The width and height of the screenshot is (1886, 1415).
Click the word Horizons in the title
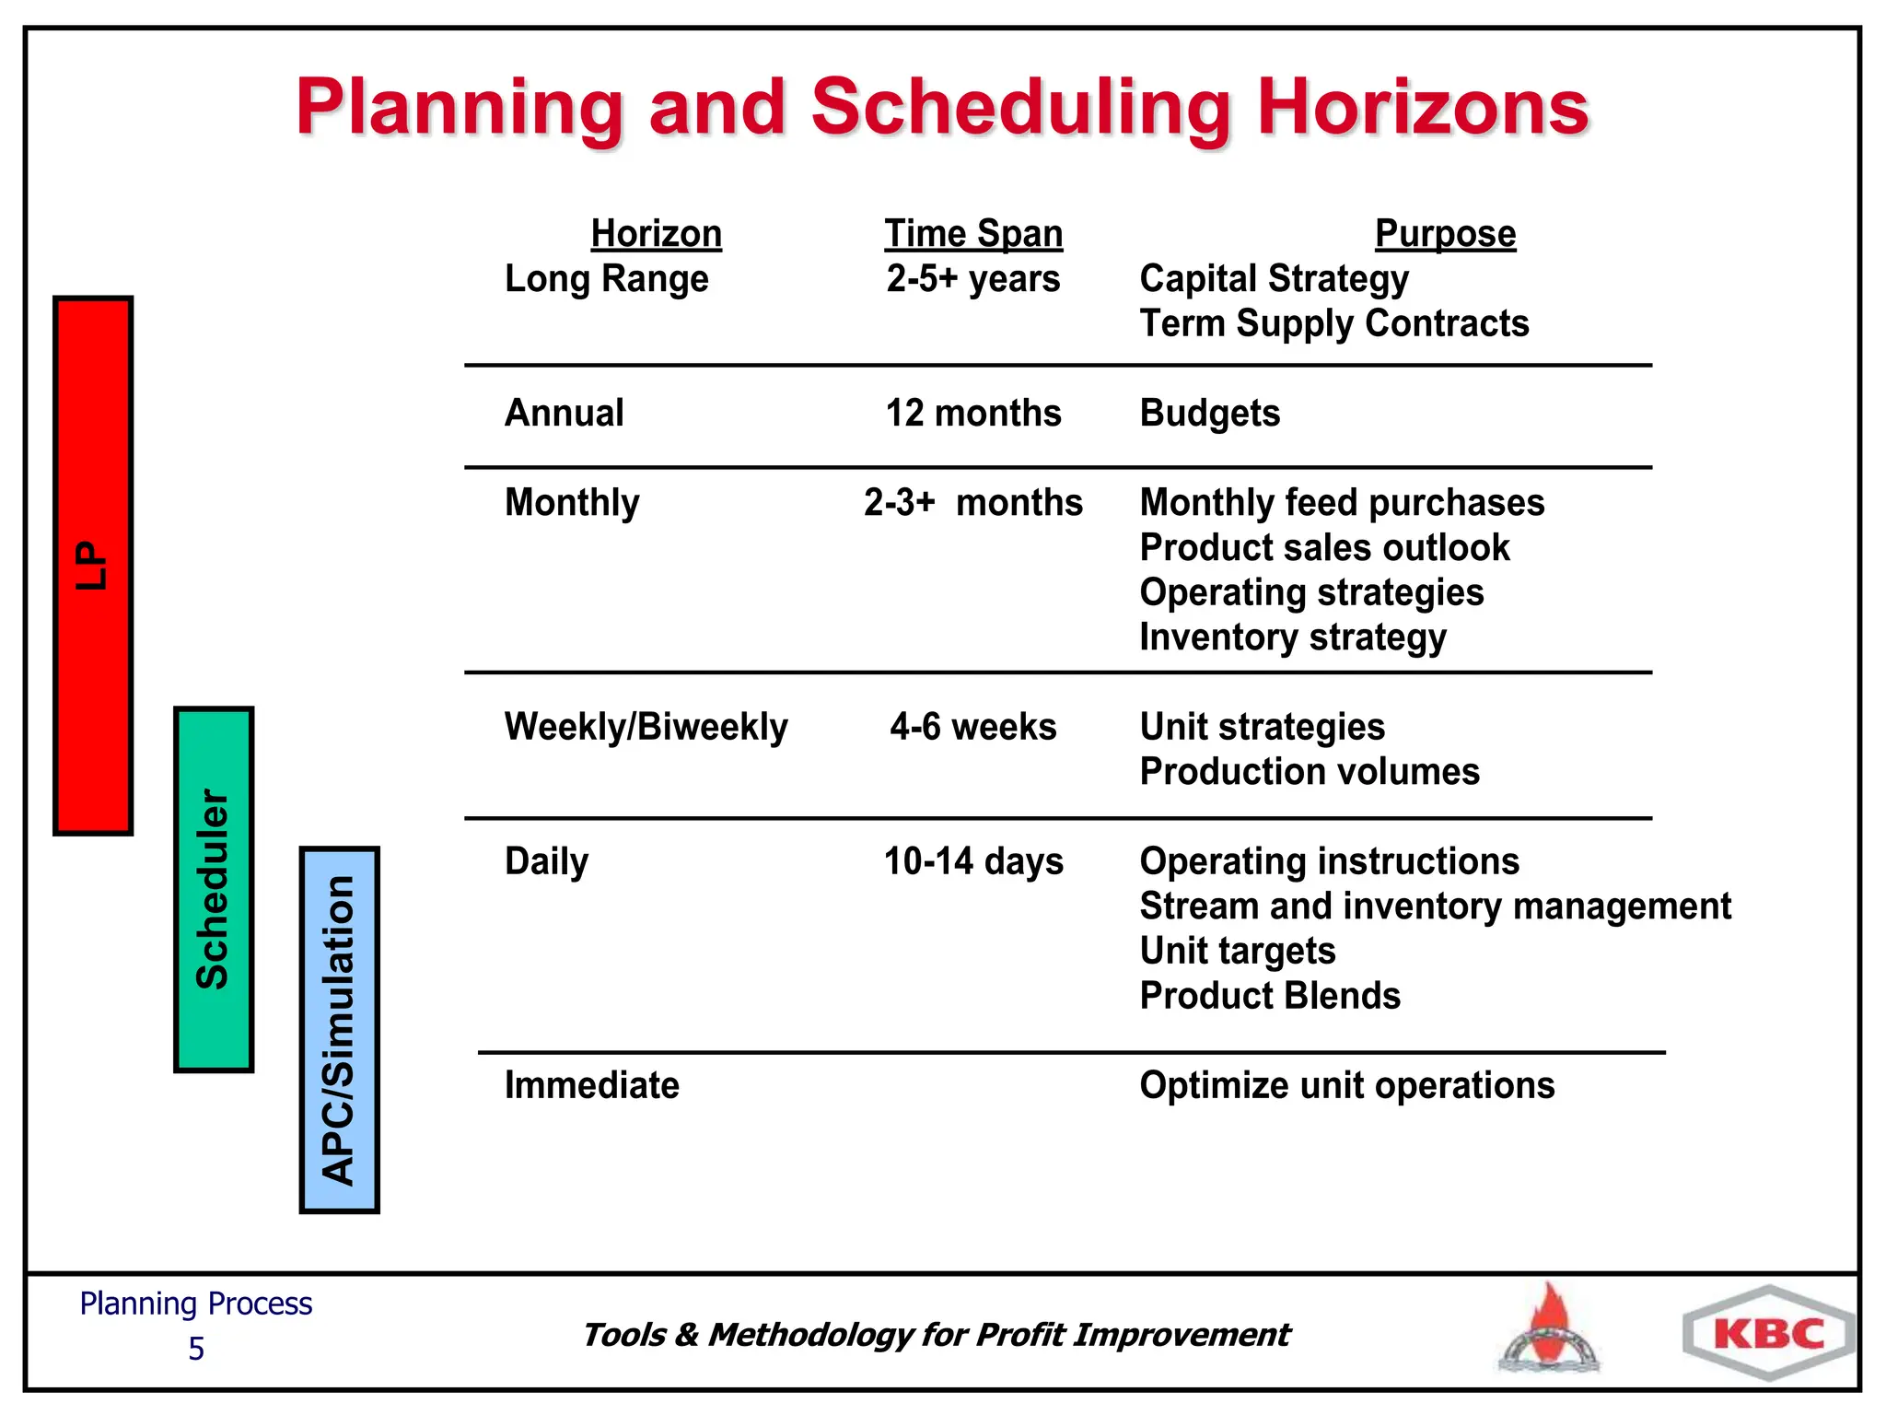[x=1423, y=108]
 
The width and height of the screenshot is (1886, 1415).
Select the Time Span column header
[x=973, y=234]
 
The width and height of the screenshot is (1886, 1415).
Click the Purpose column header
[x=1445, y=234]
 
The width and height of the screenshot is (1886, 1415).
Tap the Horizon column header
[x=656, y=234]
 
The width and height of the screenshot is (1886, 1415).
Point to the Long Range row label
[x=607, y=279]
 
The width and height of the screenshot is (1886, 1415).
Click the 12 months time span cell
[x=973, y=414]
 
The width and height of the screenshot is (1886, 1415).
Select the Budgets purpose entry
[x=1209, y=414]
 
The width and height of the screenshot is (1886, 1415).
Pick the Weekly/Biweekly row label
[x=646, y=727]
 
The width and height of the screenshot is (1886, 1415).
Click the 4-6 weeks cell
[x=972, y=727]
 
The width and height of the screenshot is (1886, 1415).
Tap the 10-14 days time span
[x=973, y=861]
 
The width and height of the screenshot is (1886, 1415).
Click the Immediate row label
[x=591, y=1085]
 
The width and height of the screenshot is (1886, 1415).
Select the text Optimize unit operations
[x=1346, y=1085]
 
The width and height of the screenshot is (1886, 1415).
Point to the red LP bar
[x=93, y=566]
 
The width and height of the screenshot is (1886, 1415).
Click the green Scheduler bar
[x=214, y=889]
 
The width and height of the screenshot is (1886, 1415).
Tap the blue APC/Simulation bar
[x=339, y=1029]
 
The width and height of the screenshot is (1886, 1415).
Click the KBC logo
[x=1768, y=1333]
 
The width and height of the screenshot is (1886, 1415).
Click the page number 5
[x=196, y=1349]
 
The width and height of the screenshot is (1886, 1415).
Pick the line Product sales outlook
[x=1323, y=548]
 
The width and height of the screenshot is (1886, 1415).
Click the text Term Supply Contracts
[x=1333, y=324]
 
